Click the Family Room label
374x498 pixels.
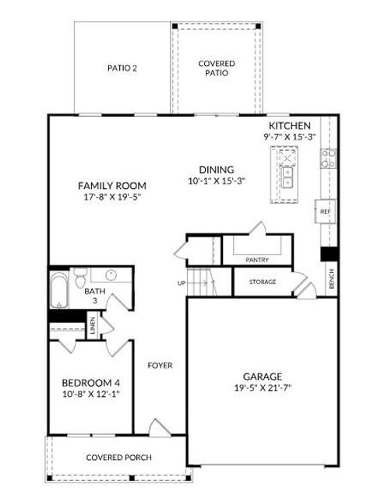point(112,185)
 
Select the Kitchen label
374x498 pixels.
point(290,126)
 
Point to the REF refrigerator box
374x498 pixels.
point(326,211)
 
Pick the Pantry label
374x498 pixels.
point(256,259)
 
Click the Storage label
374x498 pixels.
point(263,282)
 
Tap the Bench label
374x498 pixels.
point(331,278)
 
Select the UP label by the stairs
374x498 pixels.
point(182,283)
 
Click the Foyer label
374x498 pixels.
point(161,365)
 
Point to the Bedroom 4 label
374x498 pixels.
point(90,382)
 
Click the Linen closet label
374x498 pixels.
point(93,324)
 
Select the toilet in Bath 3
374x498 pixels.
point(79,278)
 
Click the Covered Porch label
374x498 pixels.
point(118,458)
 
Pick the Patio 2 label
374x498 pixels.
point(122,68)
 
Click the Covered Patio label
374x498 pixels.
point(217,68)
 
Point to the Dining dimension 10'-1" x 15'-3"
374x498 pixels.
point(217,181)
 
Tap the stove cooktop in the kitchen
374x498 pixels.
point(328,159)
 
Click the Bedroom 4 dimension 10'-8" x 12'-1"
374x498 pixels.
point(90,394)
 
